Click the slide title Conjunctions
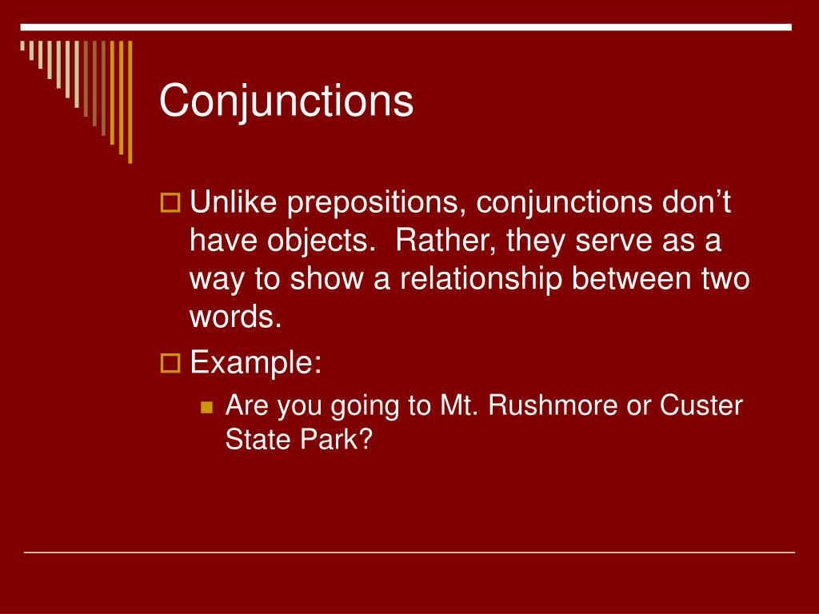(286, 102)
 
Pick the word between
(629, 279)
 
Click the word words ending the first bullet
(235, 317)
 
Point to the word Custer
(701, 406)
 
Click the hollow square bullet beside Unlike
(170, 204)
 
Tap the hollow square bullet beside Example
(170, 364)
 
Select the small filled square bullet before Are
(207, 407)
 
